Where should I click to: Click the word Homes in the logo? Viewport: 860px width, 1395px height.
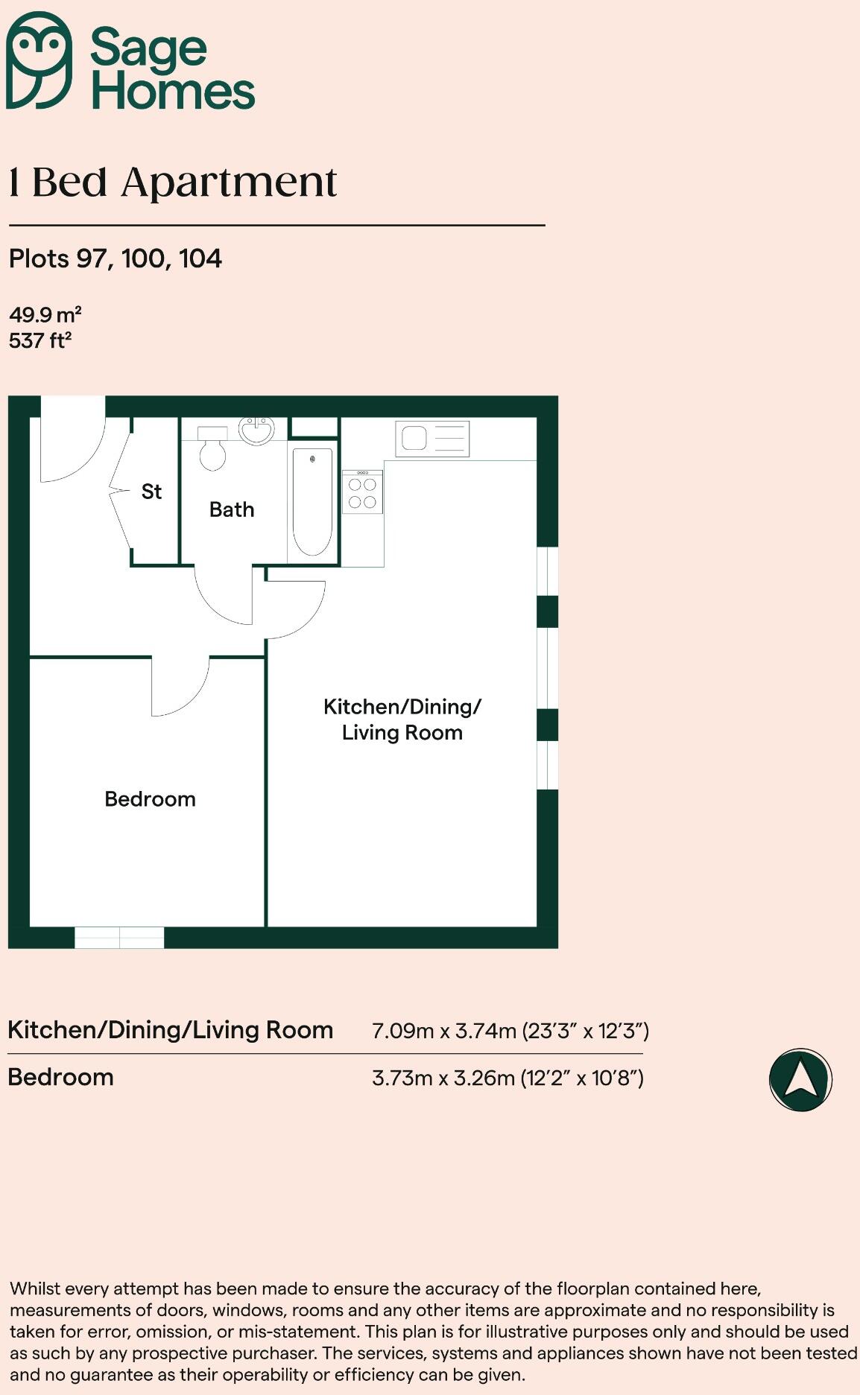click(173, 92)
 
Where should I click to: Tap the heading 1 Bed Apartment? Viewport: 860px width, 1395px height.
click(173, 182)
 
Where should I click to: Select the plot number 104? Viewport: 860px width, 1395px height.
click(200, 259)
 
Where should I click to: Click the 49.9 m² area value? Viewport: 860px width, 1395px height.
click(45, 314)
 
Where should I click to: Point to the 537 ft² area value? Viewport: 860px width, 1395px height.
click(40, 341)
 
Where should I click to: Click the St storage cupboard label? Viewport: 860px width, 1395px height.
click(151, 492)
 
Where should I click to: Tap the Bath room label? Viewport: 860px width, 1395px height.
click(232, 510)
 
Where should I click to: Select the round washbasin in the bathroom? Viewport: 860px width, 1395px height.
click(256, 430)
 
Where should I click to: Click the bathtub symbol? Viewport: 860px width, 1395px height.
click(312, 502)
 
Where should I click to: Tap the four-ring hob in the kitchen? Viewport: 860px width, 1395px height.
click(362, 492)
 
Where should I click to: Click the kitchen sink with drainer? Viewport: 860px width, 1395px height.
click(433, 439)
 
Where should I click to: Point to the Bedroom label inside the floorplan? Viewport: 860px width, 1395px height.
click(150, 799)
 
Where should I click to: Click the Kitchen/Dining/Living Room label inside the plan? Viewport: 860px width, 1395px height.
click(402, 719)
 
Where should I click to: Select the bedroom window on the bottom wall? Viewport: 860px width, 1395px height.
click(119, 938)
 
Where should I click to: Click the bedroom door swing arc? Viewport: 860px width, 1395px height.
click(180, 689)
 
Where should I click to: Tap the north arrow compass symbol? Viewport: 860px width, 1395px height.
click(800, 1079)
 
